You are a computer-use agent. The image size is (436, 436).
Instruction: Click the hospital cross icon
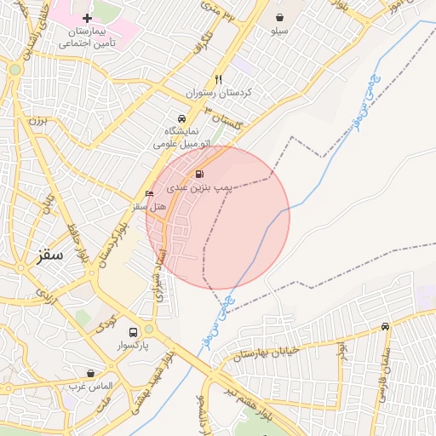87,18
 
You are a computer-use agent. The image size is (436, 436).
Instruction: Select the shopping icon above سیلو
279,17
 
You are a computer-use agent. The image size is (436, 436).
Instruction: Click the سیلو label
279,31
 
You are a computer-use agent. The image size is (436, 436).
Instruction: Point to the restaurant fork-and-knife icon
219,78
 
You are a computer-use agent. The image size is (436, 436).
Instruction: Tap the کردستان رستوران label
220,92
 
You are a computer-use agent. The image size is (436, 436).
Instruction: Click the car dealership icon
181,118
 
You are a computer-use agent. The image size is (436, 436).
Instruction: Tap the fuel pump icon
198,175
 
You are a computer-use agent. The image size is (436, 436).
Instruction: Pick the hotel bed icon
150,194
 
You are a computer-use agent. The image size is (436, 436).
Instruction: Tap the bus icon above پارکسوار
133,332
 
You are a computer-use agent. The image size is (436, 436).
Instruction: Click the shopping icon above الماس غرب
90,373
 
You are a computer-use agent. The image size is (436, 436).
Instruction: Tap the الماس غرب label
92,387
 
